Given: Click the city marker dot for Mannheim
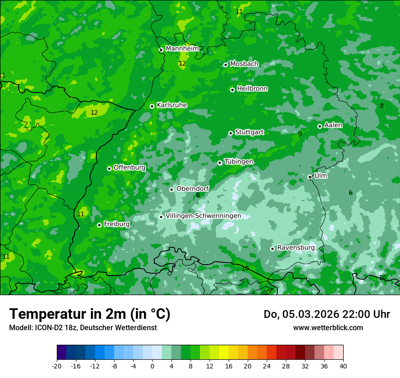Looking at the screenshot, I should click(x=161, y=50).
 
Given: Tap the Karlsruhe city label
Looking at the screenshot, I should click(x=172, y=105).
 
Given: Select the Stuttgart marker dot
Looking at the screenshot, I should click(x=231, y=133).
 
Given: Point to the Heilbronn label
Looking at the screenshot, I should click(x=252, y=89).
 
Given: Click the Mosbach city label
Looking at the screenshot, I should click(x=244, y=64).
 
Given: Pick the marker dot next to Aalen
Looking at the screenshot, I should click(x=320, y=126).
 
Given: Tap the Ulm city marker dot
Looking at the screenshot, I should click(x=310, y=177).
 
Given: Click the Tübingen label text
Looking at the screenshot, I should click(x=239, y=162).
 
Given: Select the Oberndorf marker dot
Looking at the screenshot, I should click(x=171, y=189).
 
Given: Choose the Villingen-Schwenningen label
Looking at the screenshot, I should click(x=203, y=216).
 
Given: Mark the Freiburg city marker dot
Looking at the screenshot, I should click(x=99, y=225).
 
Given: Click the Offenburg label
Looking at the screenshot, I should click(x=130, y=168).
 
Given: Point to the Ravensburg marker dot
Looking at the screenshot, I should click(x=273, y=249).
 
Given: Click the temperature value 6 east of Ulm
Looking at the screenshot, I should click(x=350, y=193).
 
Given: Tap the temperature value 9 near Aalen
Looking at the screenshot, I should click(x=300, y=134).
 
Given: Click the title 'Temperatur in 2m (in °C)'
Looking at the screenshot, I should click(x=90, y=314).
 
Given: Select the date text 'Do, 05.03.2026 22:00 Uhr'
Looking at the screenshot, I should click(x=327, y=314).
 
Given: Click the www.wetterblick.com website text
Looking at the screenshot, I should click(x=328, y=327).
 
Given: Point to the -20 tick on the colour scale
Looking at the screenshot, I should click(x=57, y=366).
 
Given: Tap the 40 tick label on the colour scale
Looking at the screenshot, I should click(x=343, y=366).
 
